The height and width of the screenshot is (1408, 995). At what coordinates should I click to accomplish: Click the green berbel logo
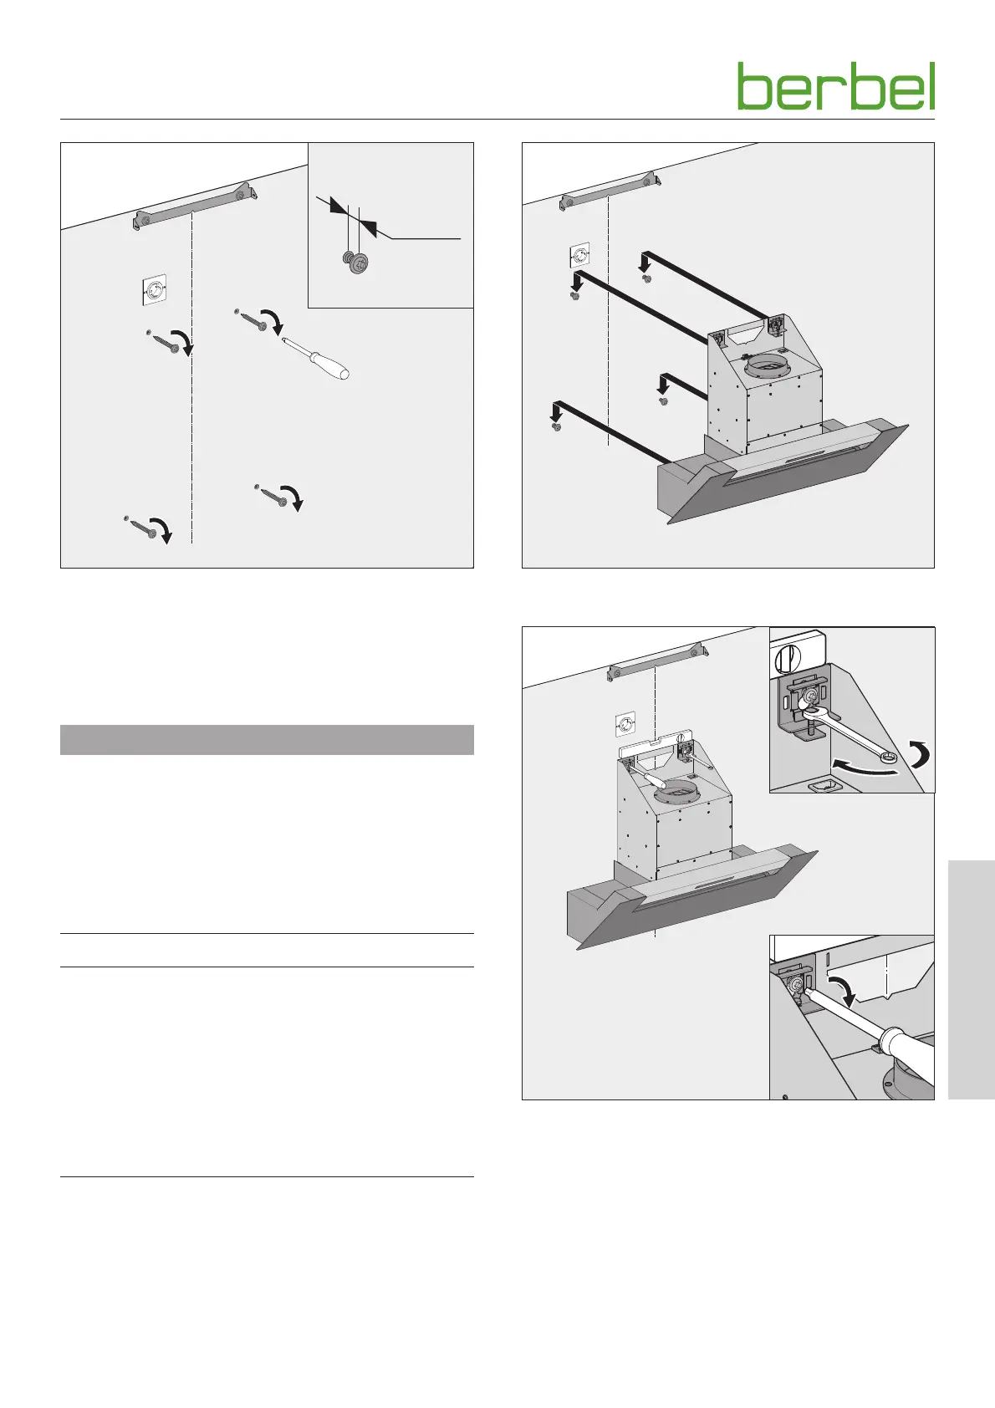tap(836, 85)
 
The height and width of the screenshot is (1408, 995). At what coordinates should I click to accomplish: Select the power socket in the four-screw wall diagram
tap(153, 290)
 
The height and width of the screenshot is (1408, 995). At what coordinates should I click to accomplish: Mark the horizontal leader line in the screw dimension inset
tap(426, 239)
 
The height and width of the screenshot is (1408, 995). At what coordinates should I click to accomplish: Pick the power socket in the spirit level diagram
tap(625, 725)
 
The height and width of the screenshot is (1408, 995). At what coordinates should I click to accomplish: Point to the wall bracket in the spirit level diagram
tap(658, 662)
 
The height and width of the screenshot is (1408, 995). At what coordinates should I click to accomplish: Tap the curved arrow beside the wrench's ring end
tap(920, 753)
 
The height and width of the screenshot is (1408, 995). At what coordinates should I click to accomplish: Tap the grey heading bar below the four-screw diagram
tap(267, 740)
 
